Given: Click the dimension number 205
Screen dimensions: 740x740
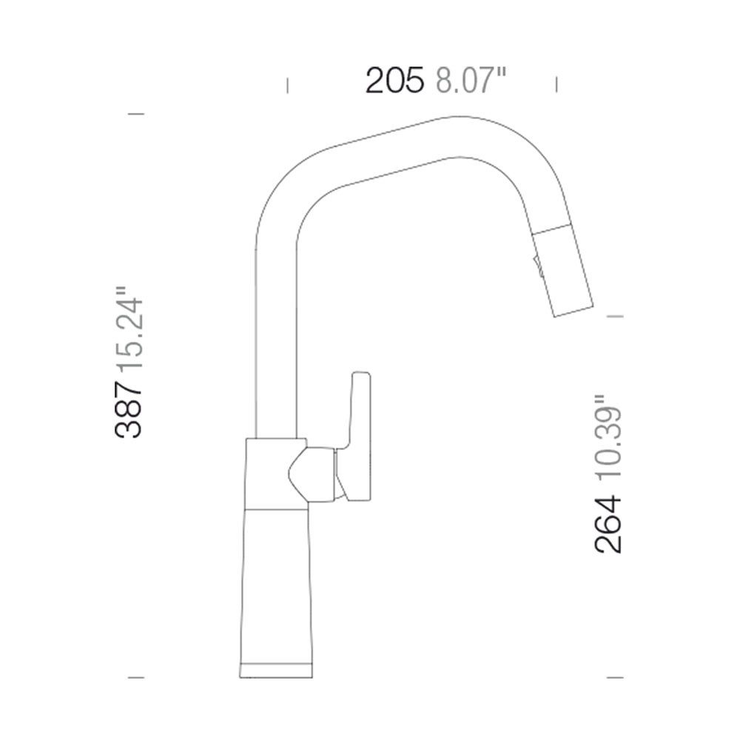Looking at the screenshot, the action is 394,80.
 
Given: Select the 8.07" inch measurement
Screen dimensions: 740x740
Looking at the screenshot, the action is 471,80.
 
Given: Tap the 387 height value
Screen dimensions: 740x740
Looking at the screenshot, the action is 128,409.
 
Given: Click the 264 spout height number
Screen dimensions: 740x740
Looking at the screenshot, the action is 608,524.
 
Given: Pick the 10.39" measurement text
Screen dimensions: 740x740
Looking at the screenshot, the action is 608,440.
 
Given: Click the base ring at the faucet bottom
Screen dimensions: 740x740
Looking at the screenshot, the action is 275,670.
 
